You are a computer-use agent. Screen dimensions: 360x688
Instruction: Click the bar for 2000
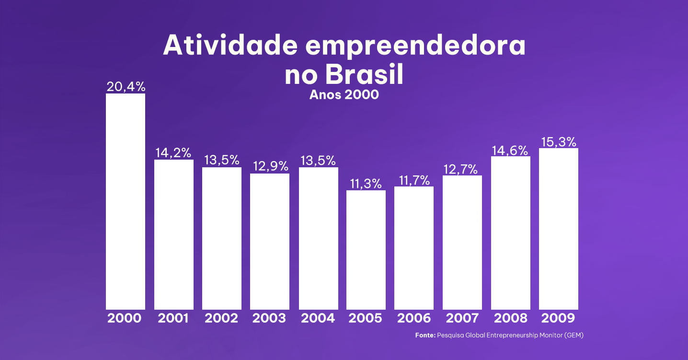pyautogui.click(x=125, y=201)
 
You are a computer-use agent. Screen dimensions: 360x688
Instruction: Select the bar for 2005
pyautogui.click(x=366, y=250)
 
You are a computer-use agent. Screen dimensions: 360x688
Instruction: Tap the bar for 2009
pyautogui.click(x=558, y=229)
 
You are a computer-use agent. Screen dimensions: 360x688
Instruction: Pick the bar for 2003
pyautogui.click(x=270, y=241)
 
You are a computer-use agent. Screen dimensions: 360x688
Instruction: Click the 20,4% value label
pyautogui.click(x=126, y=87)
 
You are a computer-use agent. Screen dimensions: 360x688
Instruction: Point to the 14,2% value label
pyautogui.click(x=173, y=153)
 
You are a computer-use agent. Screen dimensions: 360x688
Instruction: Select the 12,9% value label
pyautogui.click(x=270, y=166)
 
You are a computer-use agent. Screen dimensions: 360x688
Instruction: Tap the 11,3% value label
pyautogui.click(x=366, y=184)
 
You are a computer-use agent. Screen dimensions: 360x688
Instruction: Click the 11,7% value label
pyautogui.click(x=414, y=180)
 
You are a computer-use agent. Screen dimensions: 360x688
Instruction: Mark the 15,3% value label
pyautogui.click(x=559, y=142)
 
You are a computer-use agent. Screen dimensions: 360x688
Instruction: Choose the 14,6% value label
pyautogui.click(x=510, y=150)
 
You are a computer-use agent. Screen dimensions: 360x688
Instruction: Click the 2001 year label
pyautogui.click(x=173, y=318)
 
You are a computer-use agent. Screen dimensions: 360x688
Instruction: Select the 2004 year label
pyautogui.click(x=318, y=318)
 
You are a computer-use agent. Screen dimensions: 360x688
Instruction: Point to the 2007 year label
pyautogui.click(x=462, y=318)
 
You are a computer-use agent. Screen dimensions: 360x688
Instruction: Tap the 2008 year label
pyautogui.click(x=510, y=318)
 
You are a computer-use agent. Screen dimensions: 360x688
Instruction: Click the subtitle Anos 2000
pyautogui.click(x=344, y=94)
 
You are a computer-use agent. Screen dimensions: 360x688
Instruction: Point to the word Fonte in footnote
pyautogui.click(x=425, y=336)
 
